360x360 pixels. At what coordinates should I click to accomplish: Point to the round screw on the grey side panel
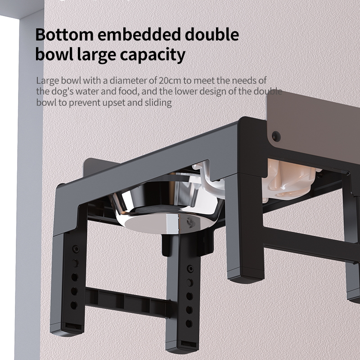click(x=275, y=136)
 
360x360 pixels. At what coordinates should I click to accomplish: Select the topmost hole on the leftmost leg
click(x=75, y=249)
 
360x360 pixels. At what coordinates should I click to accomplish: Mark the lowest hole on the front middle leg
click(x=189, y=324)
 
